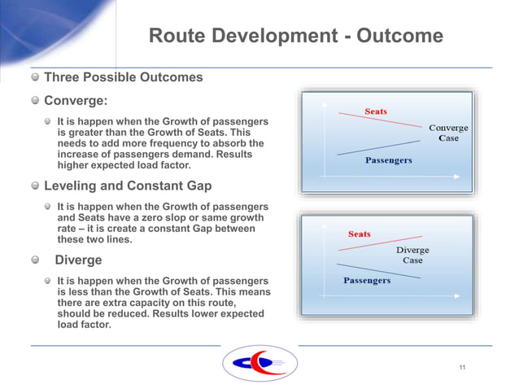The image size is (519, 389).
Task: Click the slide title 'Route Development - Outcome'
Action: click(296, 37)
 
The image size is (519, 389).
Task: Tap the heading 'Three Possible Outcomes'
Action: click(123, 78)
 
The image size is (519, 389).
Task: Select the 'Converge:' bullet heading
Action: click(76, 101)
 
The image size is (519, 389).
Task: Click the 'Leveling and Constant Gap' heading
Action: click(128, 186)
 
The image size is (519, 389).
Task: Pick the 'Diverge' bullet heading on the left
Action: click(78, 260)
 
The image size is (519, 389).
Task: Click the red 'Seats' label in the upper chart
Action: click(375, 111)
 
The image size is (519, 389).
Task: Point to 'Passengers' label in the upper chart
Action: click(388, 160)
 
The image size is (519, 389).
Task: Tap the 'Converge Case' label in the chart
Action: click(448, 133)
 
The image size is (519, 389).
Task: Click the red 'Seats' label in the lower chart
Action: click(359, 234)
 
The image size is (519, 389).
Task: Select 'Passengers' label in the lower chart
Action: click(366, 281)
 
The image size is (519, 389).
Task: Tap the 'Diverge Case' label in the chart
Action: click(412, 256)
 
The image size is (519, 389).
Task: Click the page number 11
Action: click(462, 368)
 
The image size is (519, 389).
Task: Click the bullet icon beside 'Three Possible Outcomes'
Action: click(35, 78)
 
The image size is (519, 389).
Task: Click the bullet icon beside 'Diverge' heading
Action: click(35, 260)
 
